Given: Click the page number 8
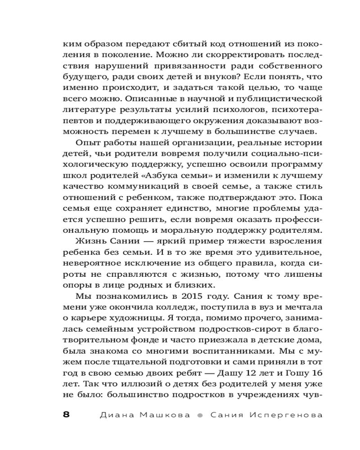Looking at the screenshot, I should (66, 415).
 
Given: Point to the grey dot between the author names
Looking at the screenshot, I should (200, 415).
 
